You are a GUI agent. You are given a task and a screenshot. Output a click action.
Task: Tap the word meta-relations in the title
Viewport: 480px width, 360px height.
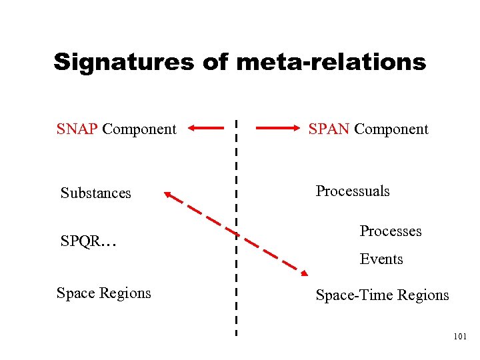pyautogui.click(x=331, y=63)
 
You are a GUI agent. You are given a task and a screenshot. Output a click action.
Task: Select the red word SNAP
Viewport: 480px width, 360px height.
pyautogui.click(x=78, y=129)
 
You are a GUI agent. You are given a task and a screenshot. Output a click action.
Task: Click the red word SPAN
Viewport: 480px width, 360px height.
pyautogui.click(x=329, y=129)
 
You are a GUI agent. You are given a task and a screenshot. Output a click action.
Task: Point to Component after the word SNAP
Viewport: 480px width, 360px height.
pyautogui.click(x=139, y=129)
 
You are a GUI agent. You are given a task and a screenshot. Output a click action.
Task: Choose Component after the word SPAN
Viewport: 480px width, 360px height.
pyautogui.click(x=391, y=129)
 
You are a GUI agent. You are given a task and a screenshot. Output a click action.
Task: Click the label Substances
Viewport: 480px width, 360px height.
pyautogui.click(x=96, y=193)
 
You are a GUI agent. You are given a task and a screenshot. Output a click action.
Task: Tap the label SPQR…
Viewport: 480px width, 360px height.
pyautogui.click(x=89, y=241)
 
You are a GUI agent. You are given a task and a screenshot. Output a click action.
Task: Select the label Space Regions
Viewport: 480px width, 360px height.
pyautogui.click(x=104, y=293)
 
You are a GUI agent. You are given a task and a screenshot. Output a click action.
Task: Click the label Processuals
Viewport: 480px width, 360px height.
pyautogui.click(x=353, y=191)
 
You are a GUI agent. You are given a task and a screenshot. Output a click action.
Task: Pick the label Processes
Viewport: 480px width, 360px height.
pyautogui.click(x=391, y=231)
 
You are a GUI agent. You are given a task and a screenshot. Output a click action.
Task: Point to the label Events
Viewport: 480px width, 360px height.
pyautogui.click(x=381, y=259)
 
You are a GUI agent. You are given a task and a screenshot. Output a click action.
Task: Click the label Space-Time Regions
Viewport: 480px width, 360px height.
pyautogui.click(x=382, y=295)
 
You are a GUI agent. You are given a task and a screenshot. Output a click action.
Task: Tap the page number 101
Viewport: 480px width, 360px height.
pyautogui.click(x=459, y=337)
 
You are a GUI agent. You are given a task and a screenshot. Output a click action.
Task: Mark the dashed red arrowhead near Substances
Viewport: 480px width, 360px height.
pyautogui.click(x=169, y=195)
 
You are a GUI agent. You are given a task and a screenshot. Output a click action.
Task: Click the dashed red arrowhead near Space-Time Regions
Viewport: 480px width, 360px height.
pyautogui.click(x=303, y=272)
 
